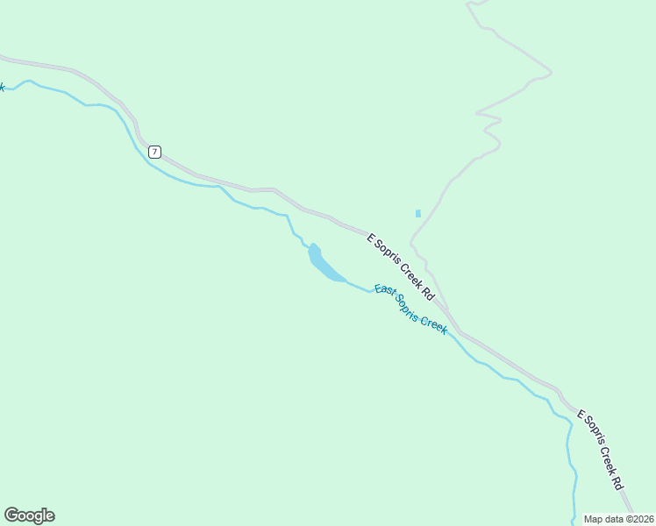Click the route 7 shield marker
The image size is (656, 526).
[x=154, y=152]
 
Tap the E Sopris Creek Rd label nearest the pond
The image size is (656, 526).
[x=401, y=267]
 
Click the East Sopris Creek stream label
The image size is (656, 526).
[x=410, y=309]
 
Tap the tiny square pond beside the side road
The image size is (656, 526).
[x=418, y=213]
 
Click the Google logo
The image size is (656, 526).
[x=29, y=515]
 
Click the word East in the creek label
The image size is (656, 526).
[x=385, y=293]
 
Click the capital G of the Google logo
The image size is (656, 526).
[x=11, y=515]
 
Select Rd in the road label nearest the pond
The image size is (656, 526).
[x=429, y=293]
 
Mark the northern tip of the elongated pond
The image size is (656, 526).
[x=313, y=245]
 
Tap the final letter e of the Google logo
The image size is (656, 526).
[x=49, y=516]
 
